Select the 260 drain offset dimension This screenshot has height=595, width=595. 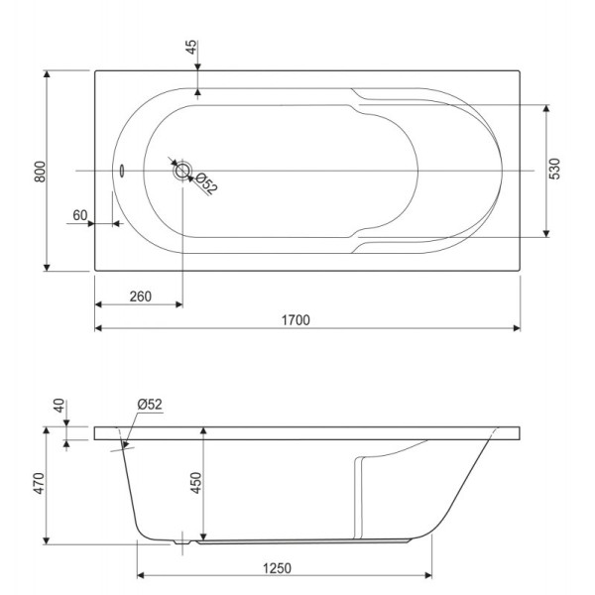tap(139, 297)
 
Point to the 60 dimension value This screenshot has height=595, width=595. tap(80, 214)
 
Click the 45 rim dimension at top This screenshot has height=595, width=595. tap(190, 49)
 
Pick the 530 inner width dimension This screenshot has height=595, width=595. tap(555, 170)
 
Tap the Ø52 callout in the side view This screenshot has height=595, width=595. tap(150, 404)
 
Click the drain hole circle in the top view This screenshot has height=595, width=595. tap(182, 171)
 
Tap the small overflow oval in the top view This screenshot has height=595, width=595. tap(121, 169)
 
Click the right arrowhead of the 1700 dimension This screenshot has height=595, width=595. tap(516, 328)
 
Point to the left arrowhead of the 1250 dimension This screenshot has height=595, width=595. tap(141, 575)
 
